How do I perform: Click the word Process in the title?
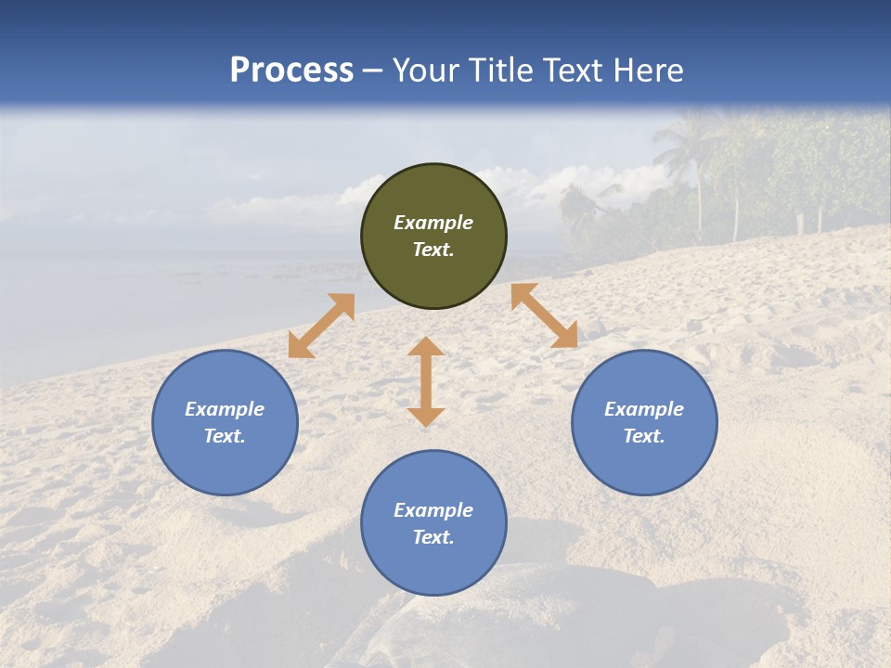coord(291,71)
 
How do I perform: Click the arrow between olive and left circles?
coord(321,326)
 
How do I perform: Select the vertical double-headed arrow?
coord(426,381)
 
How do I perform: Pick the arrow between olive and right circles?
coord(544,315)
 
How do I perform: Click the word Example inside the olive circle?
coord(433,223)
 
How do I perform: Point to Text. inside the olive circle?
coord(433,250)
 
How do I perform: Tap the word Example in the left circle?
coord(225,409)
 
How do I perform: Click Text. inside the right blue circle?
coord(644,436)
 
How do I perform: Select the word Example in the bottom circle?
coord(433,510)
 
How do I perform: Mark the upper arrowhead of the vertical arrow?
coord(426,347)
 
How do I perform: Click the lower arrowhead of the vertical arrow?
coord(426,417)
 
